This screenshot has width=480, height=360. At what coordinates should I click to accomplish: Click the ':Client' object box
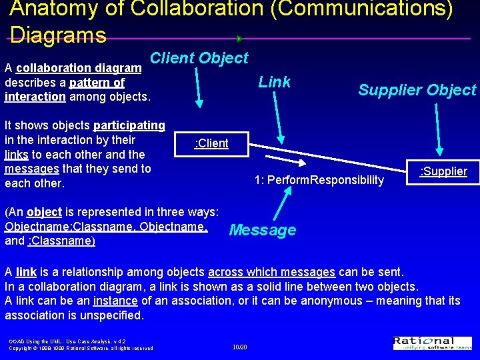[211, 143]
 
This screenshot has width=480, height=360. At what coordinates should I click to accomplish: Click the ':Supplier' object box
[443, 171]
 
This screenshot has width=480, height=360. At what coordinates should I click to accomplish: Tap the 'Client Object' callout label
[199, 59]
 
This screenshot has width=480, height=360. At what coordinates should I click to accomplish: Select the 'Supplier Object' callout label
[417, 90]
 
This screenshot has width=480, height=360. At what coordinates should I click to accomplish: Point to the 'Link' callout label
[274, 82]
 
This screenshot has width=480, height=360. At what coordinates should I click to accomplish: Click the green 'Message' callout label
[262, 231]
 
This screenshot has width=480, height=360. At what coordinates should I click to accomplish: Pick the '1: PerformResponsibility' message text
[319, 180]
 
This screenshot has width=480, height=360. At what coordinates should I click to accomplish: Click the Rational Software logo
[432, 343]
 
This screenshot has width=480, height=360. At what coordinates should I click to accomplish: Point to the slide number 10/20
[239, 347]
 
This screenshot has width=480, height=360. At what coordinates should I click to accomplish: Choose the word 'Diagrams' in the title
[58, 35]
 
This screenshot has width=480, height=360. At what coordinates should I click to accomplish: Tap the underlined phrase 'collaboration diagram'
[79, 68]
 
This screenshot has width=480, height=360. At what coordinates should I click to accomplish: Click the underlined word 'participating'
[129, 125]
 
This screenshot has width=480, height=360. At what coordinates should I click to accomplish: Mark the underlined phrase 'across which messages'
[271, 272]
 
